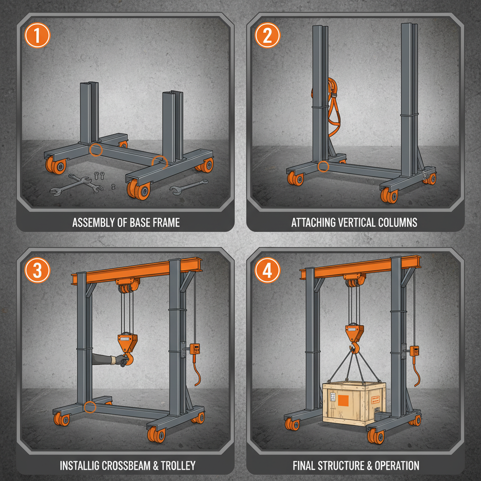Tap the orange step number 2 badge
pos(267,37)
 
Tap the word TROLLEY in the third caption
pos(175,465)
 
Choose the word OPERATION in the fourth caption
pos(394,465)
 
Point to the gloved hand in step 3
pos(121,360)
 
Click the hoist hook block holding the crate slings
pos(355,334)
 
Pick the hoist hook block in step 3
pos(125,342)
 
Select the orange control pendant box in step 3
pos(195,349)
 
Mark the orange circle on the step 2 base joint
pos(323,166)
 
